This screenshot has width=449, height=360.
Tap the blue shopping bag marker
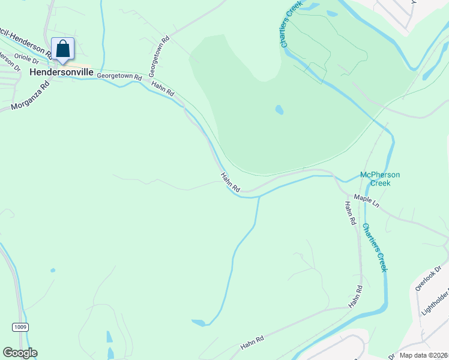coord(63,49)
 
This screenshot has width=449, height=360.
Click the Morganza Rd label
coord(29,97)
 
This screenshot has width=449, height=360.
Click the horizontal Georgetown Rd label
coord(119,77)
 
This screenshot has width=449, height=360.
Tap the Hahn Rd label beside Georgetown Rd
coord(163,89)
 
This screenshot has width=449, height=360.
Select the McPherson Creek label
coord(380,179)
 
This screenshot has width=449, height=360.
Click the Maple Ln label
coord(367,201)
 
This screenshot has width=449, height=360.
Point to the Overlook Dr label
coord(427,278)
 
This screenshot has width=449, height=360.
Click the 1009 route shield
coord(20,326)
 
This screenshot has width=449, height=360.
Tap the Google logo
coord(20,353)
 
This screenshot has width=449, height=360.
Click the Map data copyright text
coord(423,355)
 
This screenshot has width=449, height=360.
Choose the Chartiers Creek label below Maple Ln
coord(375,247)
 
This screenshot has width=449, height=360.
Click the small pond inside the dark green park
coord(279,110)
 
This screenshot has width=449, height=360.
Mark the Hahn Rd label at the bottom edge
coord(252,343)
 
